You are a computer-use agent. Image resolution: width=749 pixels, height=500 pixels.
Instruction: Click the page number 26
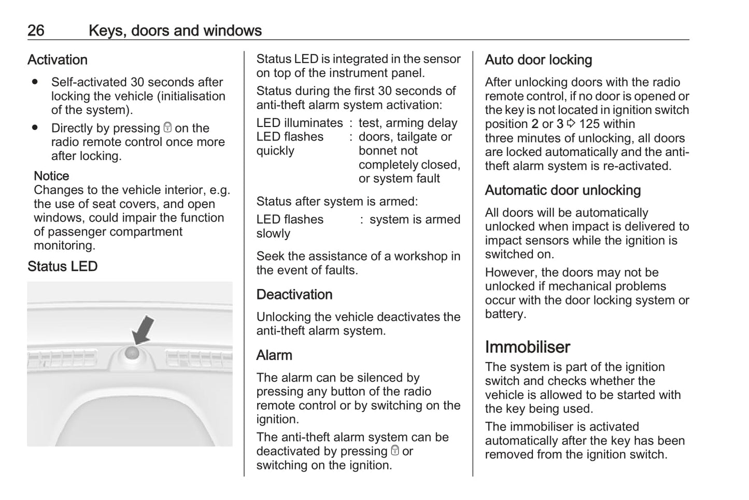coord(36,31)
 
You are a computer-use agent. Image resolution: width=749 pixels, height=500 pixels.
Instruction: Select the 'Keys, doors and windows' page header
coord(175,31)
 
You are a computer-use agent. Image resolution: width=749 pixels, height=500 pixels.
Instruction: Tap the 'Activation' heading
coord(57,60)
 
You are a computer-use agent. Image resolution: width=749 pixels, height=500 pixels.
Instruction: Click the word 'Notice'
coord(51,176)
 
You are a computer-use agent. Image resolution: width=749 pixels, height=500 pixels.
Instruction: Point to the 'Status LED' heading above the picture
coord(62,267)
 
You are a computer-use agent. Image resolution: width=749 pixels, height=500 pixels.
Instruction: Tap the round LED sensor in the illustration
coord(132,353)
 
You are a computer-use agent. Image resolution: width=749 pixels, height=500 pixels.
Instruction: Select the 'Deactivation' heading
coord(294,295)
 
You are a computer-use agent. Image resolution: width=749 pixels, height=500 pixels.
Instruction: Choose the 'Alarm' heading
coord(274,355)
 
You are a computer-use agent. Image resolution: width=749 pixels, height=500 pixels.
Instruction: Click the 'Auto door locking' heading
coord(538,60)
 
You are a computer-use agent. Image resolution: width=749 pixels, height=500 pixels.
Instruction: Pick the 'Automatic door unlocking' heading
coord(562,191)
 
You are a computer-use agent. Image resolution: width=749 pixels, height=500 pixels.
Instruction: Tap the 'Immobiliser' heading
coord(527,347)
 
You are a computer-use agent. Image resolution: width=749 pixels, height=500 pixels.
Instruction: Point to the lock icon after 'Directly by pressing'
coord(167,127)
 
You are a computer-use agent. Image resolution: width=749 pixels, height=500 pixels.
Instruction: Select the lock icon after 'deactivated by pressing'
coord(394,451)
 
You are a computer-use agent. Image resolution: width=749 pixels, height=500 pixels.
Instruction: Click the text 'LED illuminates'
coord(300,123)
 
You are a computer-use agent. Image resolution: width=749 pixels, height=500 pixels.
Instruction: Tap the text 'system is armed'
coord(415,220)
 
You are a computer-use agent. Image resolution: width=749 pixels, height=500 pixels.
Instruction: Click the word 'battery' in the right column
coord(504,315)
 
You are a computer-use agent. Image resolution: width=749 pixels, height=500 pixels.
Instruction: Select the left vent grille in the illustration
coord(62,359)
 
